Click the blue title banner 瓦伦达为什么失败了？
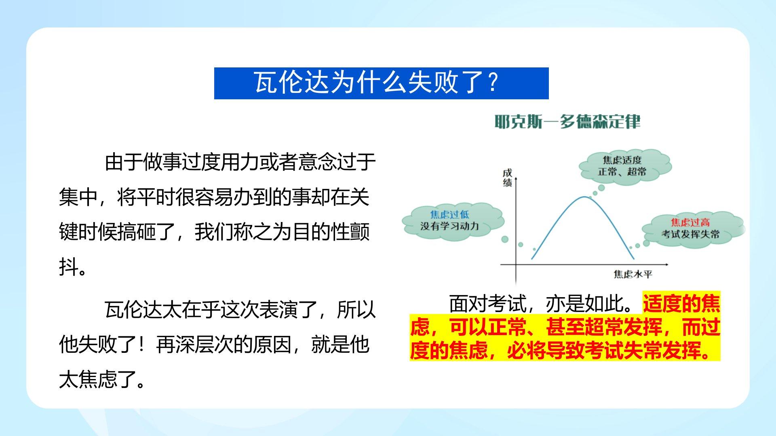(381, 83)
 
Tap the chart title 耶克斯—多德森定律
(567, 121)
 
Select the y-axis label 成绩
(508, 178)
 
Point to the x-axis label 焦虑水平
(633, 275)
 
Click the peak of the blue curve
(585, 197)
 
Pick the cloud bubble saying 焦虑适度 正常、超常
(625, 166)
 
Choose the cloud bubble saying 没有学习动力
(453, 221)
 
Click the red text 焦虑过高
(690, 222)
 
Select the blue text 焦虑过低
(449, 214)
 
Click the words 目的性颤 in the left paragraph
(331, 232)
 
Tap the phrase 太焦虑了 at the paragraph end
(97, 379)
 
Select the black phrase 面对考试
(488, 304)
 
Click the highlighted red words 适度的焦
(681, 304)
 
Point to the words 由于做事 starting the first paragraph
(143, 163)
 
